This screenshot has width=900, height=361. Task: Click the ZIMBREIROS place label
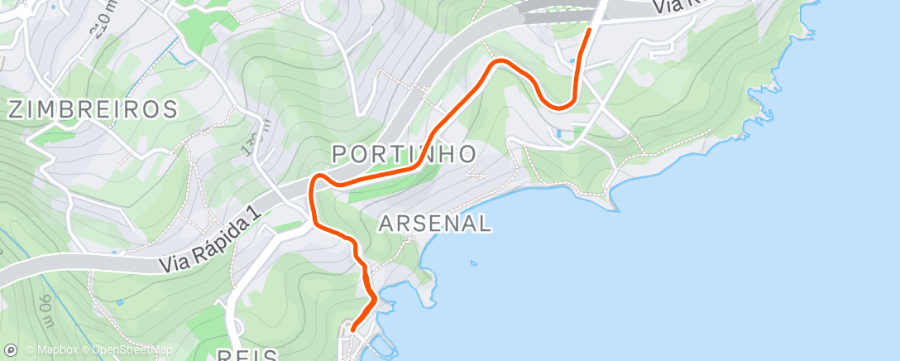click(93, 109)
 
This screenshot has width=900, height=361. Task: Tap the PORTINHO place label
click(404, 153)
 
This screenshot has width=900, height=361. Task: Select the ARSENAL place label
click(435, 223)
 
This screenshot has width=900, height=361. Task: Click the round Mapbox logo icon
click(10, 350)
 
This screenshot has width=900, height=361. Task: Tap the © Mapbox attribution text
click(52, 350)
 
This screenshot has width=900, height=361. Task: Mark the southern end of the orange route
click(353, 330)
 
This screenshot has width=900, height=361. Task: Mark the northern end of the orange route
click(589, 30)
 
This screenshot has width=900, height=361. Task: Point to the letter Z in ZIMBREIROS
click(17, 109)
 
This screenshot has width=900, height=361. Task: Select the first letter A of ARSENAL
click(385, 223)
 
